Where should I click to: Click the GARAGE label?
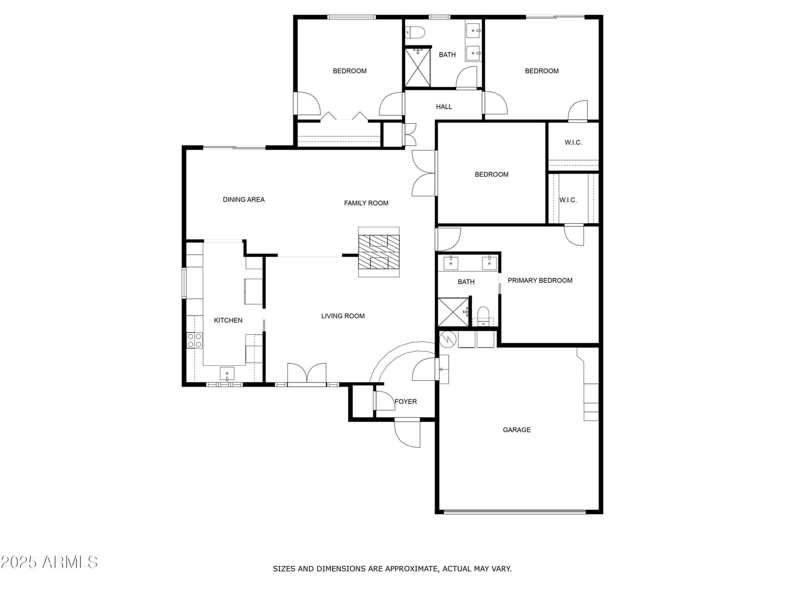tap(517, 429)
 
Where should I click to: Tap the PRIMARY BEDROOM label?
tap(540, 280)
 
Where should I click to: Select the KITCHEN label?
tap(228, 320)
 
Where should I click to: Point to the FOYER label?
tap(406, 401)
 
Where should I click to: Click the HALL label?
tap(444, 107)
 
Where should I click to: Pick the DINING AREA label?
tap(243, 200)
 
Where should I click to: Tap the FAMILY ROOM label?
tap(366, 203)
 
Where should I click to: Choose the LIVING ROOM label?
tap(342, 316)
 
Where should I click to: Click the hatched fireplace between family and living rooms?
tap(379, 252)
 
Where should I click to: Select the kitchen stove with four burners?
tap(194, 340)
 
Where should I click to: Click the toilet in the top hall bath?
tap(415, 32)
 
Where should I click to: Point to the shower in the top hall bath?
tap(418, 67)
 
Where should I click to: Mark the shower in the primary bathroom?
tap(453, 312)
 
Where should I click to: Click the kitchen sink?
tap(227, 374)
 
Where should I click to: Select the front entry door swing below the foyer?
tap(407, 433)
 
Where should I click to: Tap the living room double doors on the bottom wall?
tap(307, 374)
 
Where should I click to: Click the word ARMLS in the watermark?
tap(70, 562)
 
